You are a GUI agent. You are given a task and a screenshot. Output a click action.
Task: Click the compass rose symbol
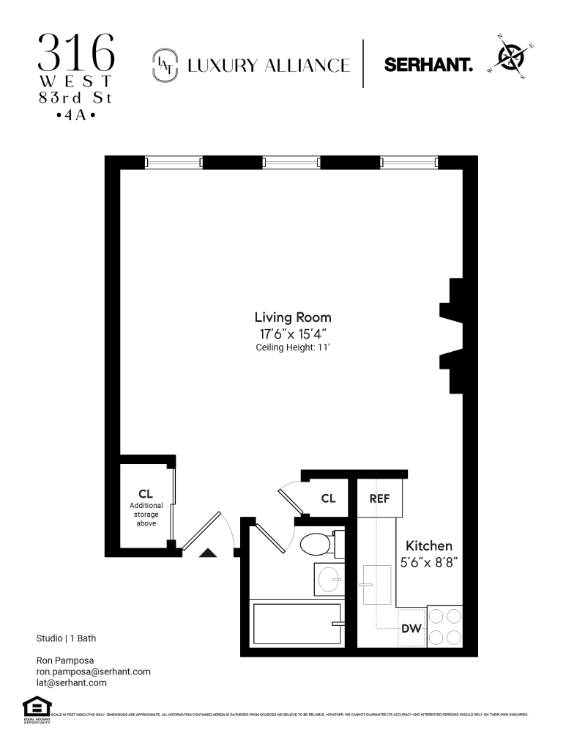point(511,56)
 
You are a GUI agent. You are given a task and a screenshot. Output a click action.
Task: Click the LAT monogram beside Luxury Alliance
point(163,65)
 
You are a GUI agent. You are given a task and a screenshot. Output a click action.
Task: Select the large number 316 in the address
point(77,51)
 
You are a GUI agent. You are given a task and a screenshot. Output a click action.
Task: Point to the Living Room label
point(292,317)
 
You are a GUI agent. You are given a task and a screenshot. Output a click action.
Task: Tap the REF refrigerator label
point(379,498)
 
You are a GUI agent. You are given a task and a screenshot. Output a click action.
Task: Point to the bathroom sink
point(329,579)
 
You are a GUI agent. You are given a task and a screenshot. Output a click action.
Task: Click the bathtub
point(296,624)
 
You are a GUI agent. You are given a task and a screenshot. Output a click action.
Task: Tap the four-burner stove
point(444,627)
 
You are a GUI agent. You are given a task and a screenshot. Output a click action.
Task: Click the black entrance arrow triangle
point(208,553)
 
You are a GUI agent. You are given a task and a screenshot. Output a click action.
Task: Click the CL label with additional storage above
point(145,494)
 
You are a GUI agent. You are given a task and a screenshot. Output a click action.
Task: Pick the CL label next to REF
point(328,498)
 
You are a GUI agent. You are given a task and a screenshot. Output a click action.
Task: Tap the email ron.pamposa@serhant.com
point(93,671)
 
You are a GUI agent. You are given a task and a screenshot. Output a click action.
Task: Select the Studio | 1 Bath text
point(70,638)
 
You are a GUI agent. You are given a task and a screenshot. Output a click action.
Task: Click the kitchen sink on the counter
point(377,584)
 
